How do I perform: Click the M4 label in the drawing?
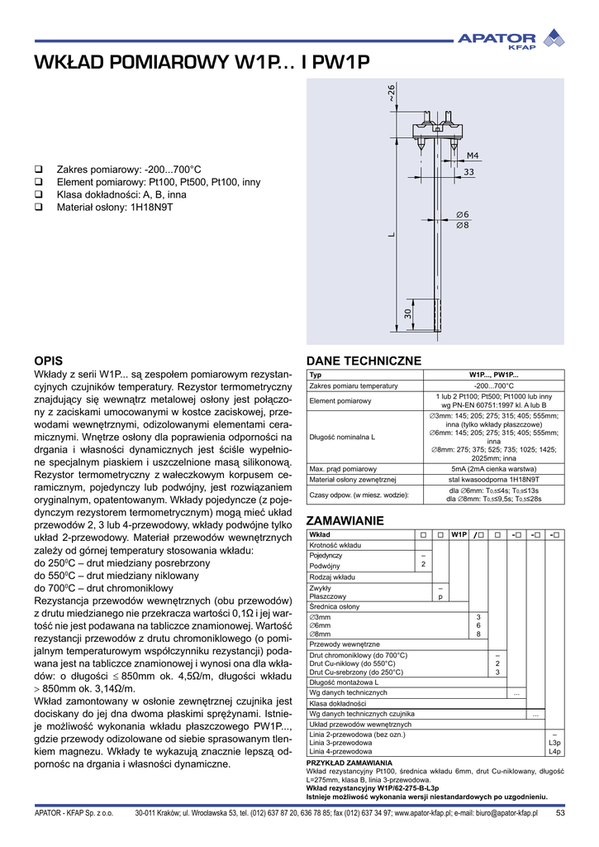click(x=473, y=156)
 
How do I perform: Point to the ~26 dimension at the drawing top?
click(x=392, y=93)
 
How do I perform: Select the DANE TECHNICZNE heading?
click(x=364, y=361)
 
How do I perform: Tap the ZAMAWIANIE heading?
click(x=345, y=520)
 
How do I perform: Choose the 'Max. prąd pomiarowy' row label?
click(x=343, y=469)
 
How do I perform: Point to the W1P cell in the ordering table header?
click(x=459, y=534)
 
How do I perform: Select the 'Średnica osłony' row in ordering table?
click(x=335, y=606)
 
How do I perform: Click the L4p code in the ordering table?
click(x=554, y=751)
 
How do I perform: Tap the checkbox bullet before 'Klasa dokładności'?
click(x=38, y=194)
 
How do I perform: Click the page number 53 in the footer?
click(x=559, y=813)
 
